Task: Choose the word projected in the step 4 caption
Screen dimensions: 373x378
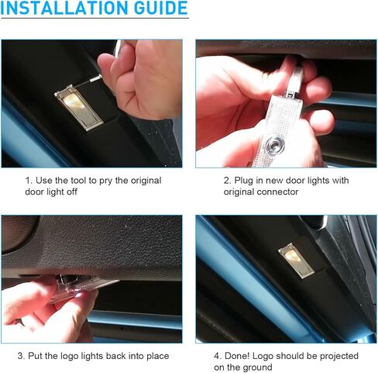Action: [335, 356]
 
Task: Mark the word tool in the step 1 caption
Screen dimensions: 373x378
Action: [81, 181]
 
